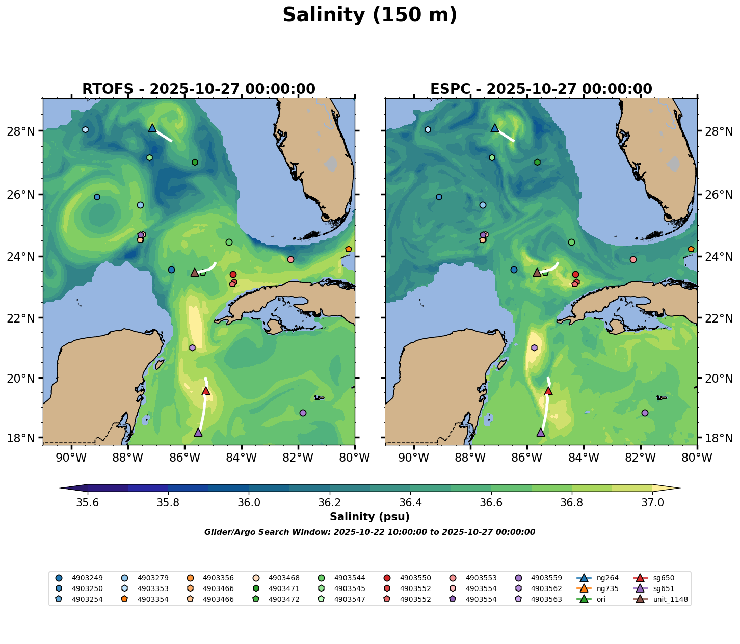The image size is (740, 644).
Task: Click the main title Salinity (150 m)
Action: (x=369, y=15)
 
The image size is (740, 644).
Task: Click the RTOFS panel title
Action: (x=199, y=89)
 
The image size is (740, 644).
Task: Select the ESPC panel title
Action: (x=541, y=89)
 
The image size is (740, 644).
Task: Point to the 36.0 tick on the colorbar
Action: (x=249, y=503)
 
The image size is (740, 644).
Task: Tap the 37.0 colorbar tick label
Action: (x=652, y=503)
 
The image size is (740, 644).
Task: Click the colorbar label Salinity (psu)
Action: (x=369, y=517)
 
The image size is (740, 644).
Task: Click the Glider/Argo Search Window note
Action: (x=369, y=532)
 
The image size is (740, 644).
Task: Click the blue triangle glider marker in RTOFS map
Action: (x=152, y=128)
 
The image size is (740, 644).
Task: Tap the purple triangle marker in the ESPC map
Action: (x=541, y=433)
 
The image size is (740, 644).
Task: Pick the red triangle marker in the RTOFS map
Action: (x=206, y=391)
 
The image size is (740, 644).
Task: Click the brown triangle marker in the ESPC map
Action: (x=537, y=273)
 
